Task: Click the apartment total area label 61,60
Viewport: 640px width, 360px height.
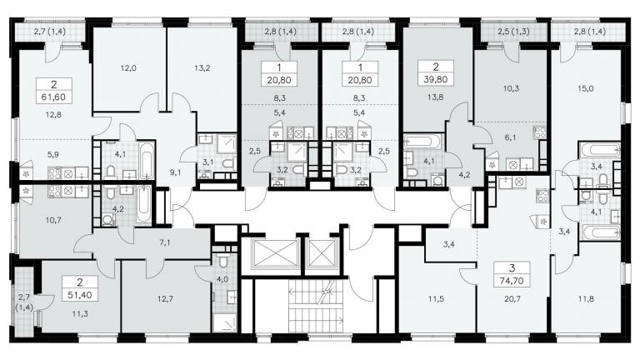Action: coord(54,97)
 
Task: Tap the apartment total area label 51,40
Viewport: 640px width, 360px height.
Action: coord(80,295)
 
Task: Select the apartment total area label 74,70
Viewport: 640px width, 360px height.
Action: coord(512,280)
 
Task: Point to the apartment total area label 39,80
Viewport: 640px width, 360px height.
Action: coord(436,79)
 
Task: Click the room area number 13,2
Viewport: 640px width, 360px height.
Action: coord(202,68)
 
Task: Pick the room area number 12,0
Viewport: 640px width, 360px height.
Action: coord(128,68)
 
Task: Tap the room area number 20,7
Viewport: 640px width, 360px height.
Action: coord(512,299)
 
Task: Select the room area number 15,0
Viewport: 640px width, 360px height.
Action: coord(585,88)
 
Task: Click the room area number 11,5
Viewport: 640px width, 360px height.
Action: coord(436,299)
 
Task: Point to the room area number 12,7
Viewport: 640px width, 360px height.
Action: coord(165,299)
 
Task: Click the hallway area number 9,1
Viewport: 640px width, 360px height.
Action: coord(176,172)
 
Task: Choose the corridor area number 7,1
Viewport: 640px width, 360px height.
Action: coord(165,243)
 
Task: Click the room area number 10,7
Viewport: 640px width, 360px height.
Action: coord(53,220)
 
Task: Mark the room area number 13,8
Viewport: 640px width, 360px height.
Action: coord(436,97)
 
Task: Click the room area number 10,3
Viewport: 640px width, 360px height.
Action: coord(511,88)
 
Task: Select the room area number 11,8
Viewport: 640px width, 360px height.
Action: coord(585,299)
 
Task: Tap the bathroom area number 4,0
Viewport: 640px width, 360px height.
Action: coord(222,279)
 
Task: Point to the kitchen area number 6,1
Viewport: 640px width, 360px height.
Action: coord(510,138)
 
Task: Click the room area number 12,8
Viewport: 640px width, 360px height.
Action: coord(53,115)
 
